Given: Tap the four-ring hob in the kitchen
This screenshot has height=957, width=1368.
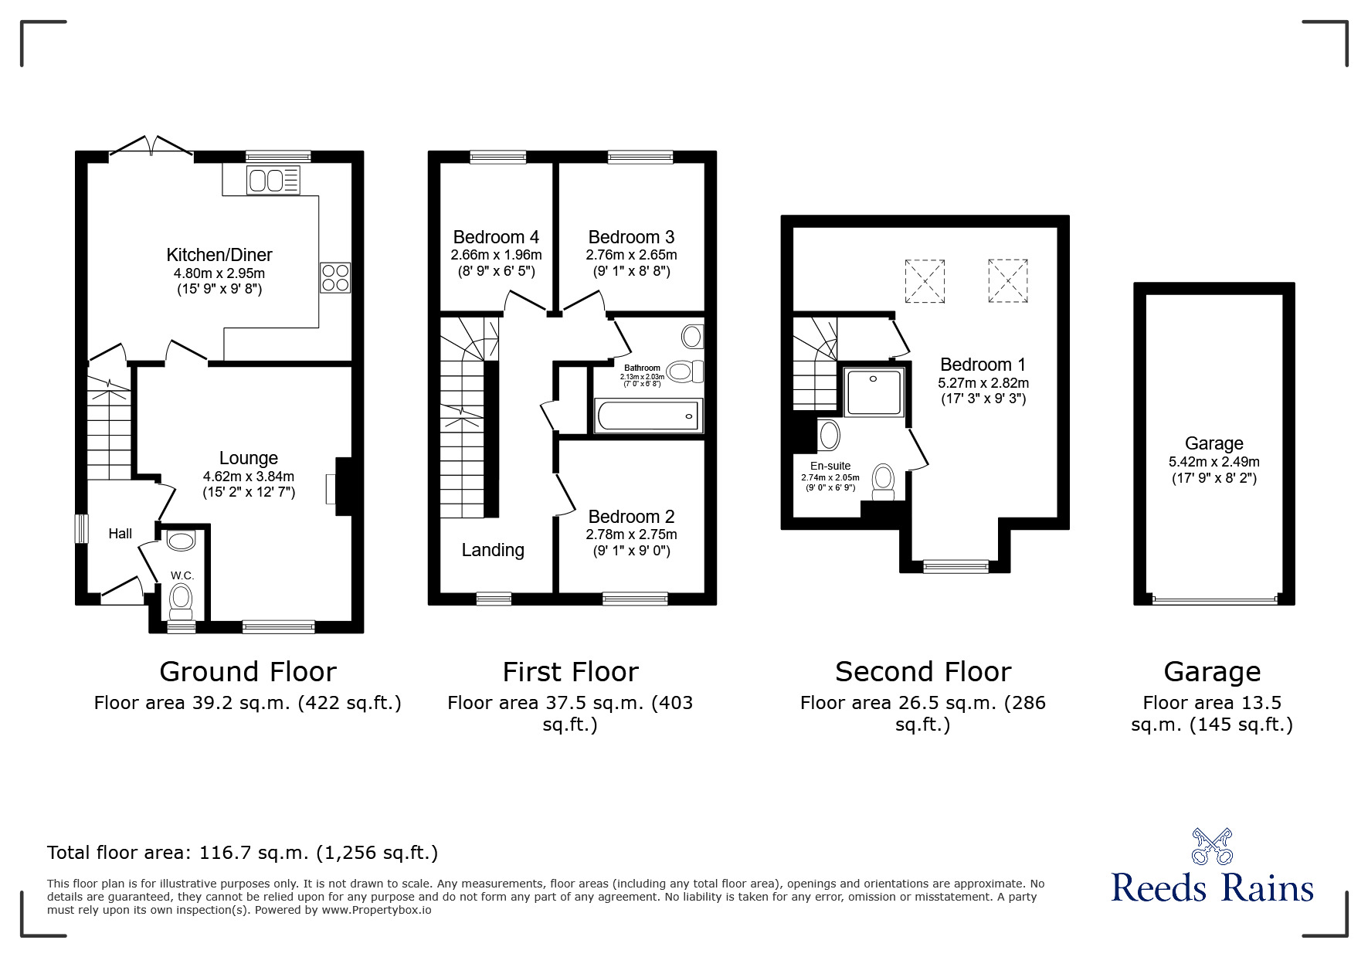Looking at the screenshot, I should click(x=335, y=278).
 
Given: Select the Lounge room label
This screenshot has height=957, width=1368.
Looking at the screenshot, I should click(x=248, y=458).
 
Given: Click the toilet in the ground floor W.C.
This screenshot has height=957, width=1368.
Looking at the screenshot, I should click(x=181, y=599).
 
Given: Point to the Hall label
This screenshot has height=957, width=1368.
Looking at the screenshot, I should click(x=120, y=534).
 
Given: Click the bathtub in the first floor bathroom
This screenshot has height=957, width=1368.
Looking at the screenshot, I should click(x=647, y=416).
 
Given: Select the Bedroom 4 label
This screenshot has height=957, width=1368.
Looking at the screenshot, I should click(x=496, y=237).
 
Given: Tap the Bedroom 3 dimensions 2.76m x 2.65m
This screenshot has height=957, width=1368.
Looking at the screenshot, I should click(x=631, y=255).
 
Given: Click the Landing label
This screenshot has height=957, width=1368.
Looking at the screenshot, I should click(x=493, y=550).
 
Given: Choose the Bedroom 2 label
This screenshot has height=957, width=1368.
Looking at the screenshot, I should click(x=631, y=517).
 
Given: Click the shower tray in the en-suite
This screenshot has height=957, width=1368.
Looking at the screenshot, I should click(x=874, y=392).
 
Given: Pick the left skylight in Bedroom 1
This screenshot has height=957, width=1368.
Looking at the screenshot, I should click(x=924, y=281).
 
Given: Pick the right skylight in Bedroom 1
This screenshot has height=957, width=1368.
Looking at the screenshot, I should click(x=1007, y=280).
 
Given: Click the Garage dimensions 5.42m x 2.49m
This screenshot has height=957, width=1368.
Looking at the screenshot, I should click(x=1214, y=462).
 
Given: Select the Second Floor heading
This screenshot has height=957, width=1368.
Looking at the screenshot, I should click(x=922, y=672).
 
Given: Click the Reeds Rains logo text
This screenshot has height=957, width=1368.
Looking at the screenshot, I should click(x=1212, y=888).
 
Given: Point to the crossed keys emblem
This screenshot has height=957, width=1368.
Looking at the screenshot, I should click(x=1211, y=846).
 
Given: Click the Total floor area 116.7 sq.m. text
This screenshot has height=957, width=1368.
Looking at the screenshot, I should click(x=243, y=853).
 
